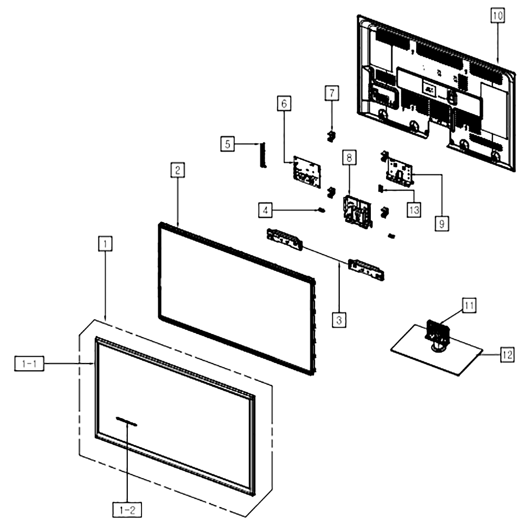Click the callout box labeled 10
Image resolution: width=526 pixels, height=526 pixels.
coord(498,15)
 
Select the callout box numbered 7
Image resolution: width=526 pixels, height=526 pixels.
coord(332,93)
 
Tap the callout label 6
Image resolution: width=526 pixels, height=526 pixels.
coord(284,103)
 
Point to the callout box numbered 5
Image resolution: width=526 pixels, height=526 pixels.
coord(227,144)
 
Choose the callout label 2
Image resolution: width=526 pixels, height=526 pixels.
coord(177,170)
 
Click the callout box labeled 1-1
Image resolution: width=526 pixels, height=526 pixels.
coord(29,363)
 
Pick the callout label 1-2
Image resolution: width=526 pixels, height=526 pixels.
coord(127,510)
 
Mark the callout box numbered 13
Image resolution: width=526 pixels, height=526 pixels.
coord(414,210)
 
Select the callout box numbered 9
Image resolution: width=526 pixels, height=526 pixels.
coord(442,224)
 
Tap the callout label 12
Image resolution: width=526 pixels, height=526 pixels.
coord(507,355)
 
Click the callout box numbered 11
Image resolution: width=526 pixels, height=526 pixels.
coord(469,305)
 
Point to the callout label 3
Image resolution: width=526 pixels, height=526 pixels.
coord(339,320)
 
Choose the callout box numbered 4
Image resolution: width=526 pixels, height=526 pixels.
coord(265,210)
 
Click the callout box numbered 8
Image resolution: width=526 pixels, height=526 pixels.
coord(349,157)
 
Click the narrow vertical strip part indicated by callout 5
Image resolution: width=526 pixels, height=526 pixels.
coord(262,155)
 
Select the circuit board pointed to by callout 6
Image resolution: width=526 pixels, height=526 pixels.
coord(307,172)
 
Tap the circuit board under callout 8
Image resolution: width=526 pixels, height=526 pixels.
coord(358,213)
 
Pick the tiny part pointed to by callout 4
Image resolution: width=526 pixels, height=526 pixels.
coord(321,210)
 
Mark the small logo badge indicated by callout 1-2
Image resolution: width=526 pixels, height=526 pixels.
coord(126,422)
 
